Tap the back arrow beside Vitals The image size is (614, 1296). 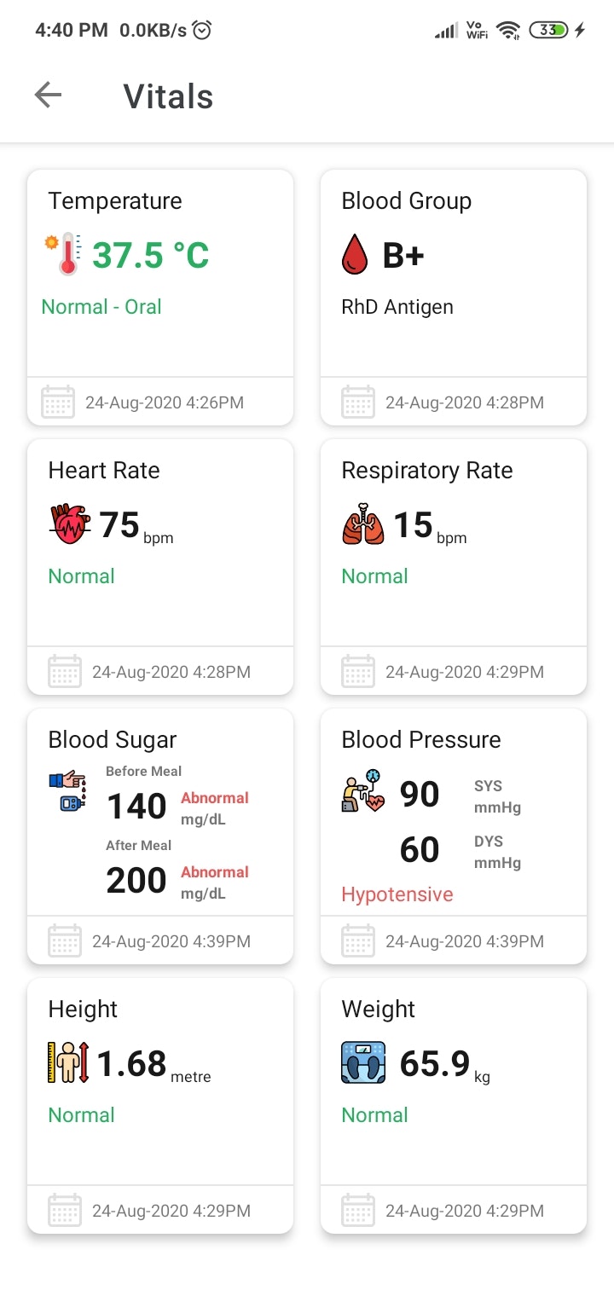[49, 95]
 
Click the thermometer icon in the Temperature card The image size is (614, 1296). [64, 254]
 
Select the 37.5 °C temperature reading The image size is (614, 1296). [150, 255]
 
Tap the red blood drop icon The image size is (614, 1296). [354, 255]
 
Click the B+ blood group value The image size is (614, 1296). [403, 255]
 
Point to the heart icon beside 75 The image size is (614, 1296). [70, 524]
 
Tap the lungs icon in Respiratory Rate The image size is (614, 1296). [363, 524]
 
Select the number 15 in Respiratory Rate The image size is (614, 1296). [413, 524]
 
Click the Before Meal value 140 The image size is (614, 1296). [136, 807]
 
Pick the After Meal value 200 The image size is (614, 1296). [136, 881]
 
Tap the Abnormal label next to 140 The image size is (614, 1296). [215, 798]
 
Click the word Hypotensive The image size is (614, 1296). [397, 894]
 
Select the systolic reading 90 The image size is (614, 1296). [420, 795]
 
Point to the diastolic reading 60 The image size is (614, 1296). [420, 850]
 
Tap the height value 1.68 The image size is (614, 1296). [131, 1063]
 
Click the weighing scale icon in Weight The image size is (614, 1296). [363, 1063]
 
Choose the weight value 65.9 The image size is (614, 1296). [435, 1063]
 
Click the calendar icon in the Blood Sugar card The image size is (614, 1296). [65, 941]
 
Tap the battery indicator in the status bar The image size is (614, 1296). [548, 31]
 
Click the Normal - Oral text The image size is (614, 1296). [101, 307]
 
